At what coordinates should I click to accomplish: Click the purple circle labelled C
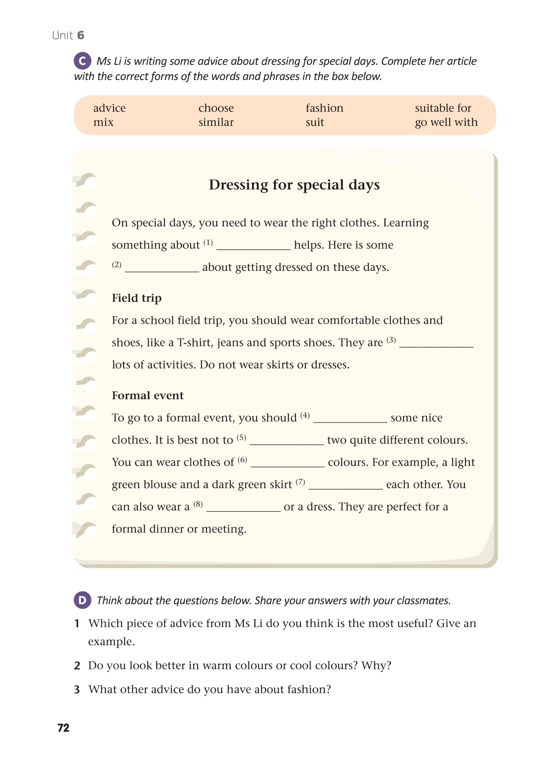(x=83, y=61)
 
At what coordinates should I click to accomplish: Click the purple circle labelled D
(x=83, y=600)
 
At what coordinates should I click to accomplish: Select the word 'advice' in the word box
(x=109, y=108)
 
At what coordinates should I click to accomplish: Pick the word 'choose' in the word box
(x=216, y=108)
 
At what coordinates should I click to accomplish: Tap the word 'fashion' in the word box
(x=324, y=108)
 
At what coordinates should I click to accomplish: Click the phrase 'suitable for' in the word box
(x=443, y=108)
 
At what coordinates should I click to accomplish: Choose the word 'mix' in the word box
(x=103, y=122)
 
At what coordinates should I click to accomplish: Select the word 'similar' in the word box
(x=216, y=122)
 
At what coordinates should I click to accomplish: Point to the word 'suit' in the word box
(x=315, y=122)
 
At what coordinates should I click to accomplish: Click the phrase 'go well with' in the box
(x=446, y=122)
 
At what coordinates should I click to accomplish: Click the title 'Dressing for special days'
(x=294, y=185)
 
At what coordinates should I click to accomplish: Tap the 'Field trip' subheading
(x=137, y=298)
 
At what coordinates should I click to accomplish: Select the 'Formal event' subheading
(x=148, y=396)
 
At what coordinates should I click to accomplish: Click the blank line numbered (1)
(x=253, y=246)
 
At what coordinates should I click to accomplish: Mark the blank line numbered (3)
(x=436, y=344)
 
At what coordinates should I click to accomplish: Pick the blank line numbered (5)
(x=286, y=441)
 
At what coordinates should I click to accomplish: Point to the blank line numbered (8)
(x=243, y=508)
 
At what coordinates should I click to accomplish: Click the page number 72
(x=64, y=728)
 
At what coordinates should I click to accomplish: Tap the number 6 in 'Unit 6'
(x=81, y=36)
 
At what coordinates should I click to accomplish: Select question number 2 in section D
(x=77, y=666)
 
